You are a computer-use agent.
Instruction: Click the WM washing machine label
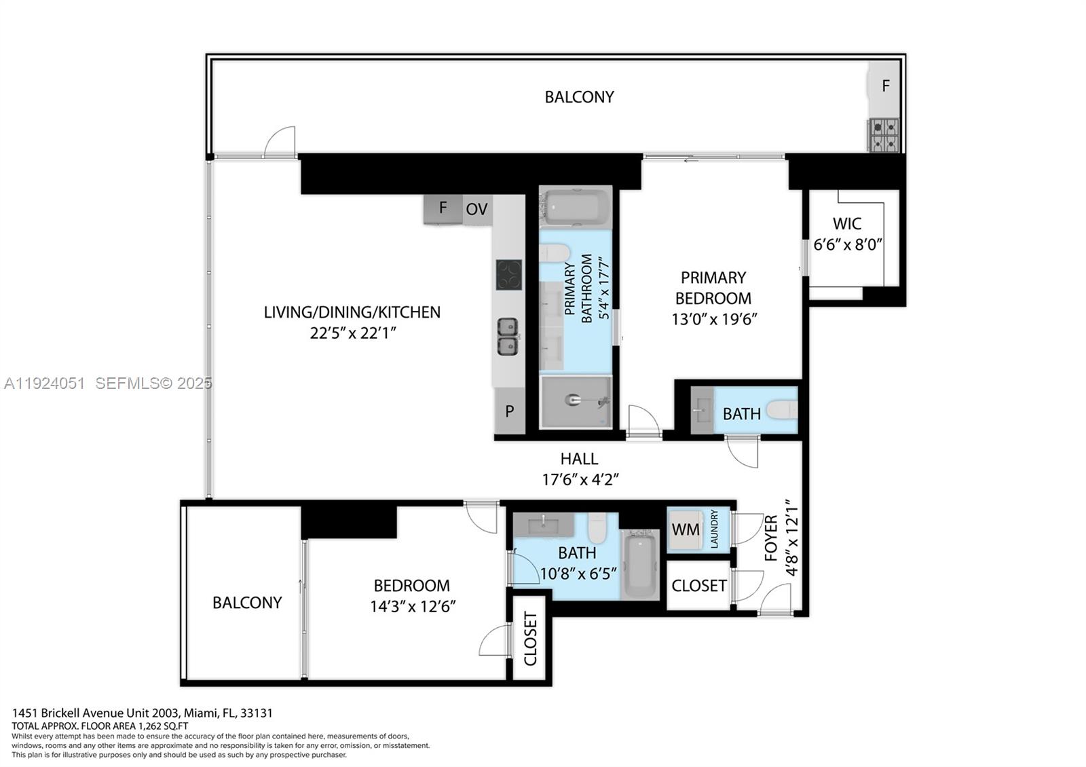click(685, 529)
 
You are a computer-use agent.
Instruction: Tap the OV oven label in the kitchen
click(476, 209)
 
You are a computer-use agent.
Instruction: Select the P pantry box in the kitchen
click(509, 411)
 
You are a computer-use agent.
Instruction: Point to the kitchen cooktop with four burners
click(508, 275)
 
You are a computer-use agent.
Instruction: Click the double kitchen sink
click(507, 337)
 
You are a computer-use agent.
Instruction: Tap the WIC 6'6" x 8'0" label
click(847, 233)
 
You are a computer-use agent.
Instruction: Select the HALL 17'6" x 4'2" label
click(579, 468)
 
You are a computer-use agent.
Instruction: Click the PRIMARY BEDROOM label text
click(713, 288)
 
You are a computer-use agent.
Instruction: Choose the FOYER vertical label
click(771, 538)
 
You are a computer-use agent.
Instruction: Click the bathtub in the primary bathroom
click(576, 206)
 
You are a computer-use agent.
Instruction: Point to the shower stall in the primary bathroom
click(576, 402)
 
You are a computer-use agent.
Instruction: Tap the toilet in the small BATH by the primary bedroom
click(783, 410)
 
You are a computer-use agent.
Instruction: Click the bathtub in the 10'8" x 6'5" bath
click(639, 565)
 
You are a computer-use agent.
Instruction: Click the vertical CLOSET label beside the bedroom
click(530, 638)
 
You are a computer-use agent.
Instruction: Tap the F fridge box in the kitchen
click(443, 208)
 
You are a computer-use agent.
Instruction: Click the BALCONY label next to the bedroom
click(246, 603)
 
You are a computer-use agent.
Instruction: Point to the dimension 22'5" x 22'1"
click(352, 333)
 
